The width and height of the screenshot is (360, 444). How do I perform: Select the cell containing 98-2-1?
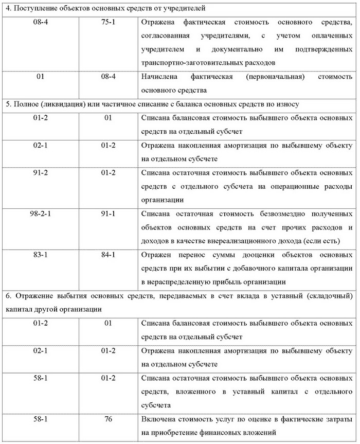(39, 214)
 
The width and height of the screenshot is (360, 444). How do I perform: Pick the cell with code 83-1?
(39, 255)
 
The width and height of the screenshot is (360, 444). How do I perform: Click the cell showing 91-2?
(39, 173)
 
